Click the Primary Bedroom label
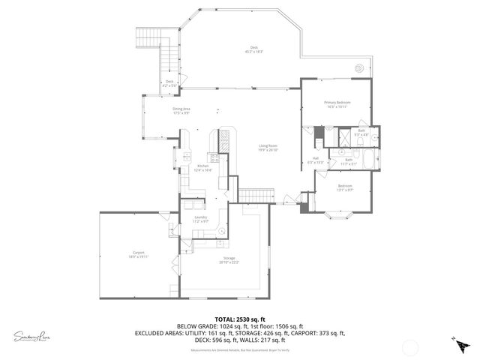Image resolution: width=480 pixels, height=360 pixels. (x=337, y=104)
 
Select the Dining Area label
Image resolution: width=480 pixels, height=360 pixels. (x=181, y=111)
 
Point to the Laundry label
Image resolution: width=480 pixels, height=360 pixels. (x=200, y=219)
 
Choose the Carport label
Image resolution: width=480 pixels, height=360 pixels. (x=138, y=254)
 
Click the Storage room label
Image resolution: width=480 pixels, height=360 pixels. (x=228, y=260)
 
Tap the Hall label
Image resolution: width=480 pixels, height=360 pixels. (x=316, y=160)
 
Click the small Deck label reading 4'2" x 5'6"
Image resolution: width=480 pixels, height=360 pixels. (x=169, y=83)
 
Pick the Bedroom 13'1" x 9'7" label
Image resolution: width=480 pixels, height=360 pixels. (x=344, y=187)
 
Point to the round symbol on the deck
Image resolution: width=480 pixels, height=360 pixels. (x=360, y=67)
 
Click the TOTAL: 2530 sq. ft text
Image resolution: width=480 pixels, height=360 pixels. (x=239, y=319)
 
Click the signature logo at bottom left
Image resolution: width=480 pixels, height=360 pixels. (x=31, y=336)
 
